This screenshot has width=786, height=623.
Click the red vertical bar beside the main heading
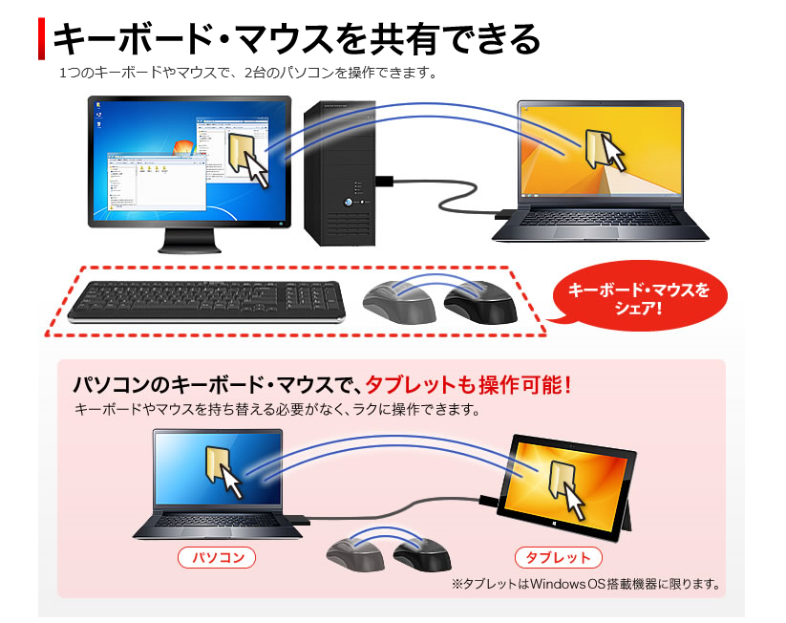42,38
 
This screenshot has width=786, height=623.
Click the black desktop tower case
340,173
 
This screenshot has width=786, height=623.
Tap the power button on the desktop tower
348,203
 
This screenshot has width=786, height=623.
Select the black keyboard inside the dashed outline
206,302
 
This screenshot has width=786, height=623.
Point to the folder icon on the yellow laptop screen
596,149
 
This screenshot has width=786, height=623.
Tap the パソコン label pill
217,557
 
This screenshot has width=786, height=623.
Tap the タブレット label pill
559,557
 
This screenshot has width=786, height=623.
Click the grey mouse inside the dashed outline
399,303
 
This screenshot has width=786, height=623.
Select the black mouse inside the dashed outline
480,303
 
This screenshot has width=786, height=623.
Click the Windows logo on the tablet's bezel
555,523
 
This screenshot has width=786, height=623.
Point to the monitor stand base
190,247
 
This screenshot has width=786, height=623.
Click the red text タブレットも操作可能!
469,385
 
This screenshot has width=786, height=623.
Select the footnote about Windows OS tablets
586,584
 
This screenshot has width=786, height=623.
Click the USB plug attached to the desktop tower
385,181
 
